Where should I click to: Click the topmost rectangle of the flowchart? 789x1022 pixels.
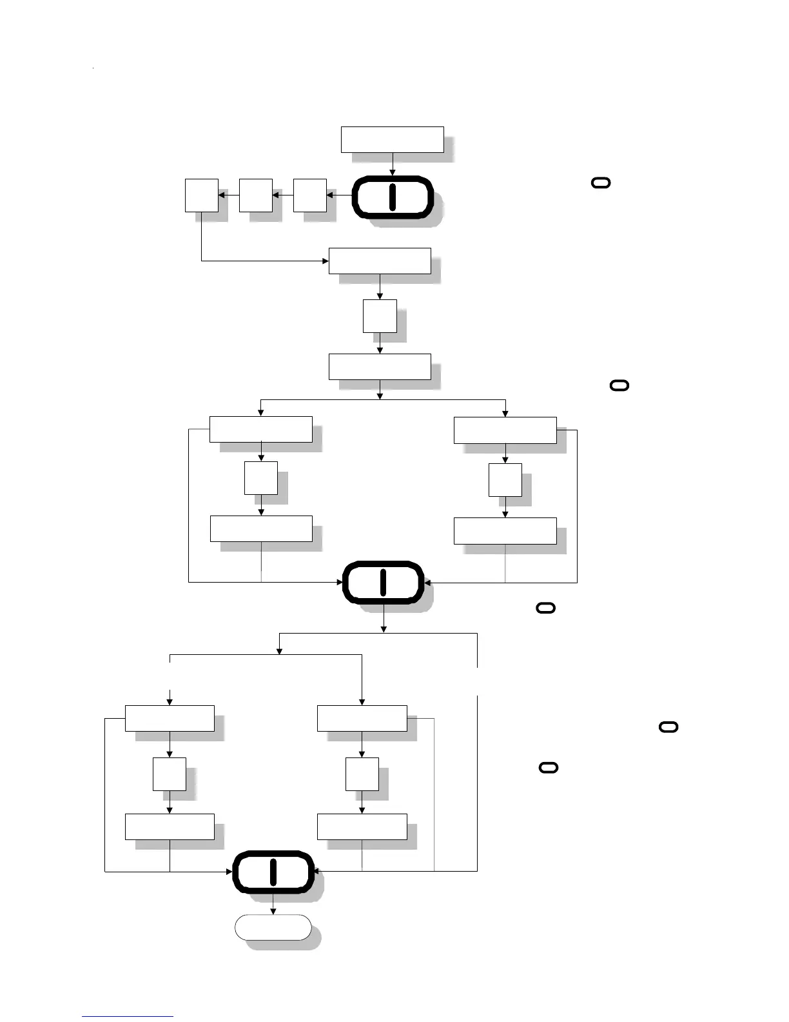coord(392,139)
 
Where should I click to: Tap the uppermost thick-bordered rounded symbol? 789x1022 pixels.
coord(392,196)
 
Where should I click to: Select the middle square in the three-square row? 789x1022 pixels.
coord(255,195)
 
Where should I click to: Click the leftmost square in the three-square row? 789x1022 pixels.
coord(201,195)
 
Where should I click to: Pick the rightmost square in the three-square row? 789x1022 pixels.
coord(309,195)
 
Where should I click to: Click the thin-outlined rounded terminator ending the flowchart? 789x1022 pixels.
coord(273,927)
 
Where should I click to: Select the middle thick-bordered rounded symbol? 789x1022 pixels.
coord(383,582)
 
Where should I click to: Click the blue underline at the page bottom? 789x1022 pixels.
coord(128,1016)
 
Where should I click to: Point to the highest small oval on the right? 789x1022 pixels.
coord(601,183)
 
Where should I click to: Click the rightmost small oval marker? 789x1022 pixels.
coord(669,727)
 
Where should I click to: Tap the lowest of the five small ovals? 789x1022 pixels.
coord(548,768)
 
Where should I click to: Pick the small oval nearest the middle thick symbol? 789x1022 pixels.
coord(545,608)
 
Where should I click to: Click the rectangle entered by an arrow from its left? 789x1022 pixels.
coord(380,261)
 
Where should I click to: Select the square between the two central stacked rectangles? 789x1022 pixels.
coord(380,316)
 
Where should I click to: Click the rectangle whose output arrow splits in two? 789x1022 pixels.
coord(380,366)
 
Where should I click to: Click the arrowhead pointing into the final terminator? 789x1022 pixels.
coord(273,911)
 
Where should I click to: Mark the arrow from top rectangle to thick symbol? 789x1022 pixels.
coord(392,164)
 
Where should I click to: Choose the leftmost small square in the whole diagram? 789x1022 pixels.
coord(169,774)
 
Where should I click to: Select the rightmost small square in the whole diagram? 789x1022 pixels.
coord(505,480)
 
